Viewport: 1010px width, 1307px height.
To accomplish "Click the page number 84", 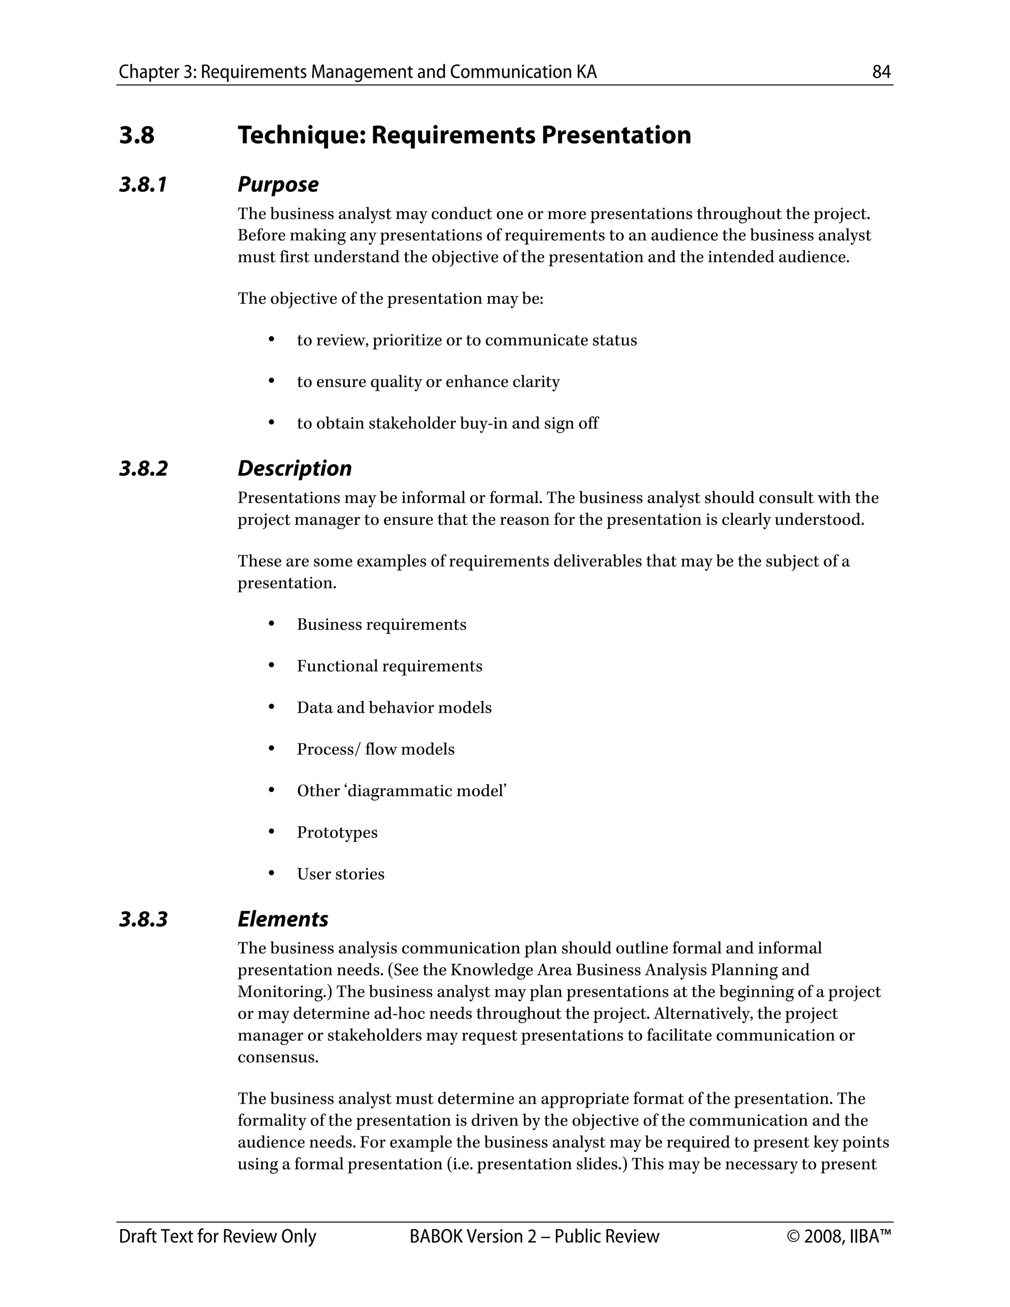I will [x=881, y=73].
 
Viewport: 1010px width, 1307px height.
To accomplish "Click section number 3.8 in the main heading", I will [x=137, y=135].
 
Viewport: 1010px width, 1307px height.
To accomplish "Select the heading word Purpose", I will [x=278, y=184].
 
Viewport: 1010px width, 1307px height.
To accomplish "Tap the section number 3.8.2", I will [x=144, y=469].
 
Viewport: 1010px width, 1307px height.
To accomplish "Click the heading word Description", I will [x=294, y=469].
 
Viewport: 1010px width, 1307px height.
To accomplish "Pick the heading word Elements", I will [x=283, y=919].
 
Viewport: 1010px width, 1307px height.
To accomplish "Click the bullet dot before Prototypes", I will [x=272, y=832].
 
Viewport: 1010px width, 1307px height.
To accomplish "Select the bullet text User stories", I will [x=340, y=874].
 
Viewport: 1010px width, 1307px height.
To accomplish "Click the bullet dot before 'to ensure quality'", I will [x=272, y=381].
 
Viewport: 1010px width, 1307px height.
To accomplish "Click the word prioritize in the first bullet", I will [x=407, y=340].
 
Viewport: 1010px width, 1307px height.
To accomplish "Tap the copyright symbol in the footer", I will [x=794, y=1236].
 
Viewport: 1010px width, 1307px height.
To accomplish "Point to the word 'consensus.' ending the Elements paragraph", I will [x=278, y=1057].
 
